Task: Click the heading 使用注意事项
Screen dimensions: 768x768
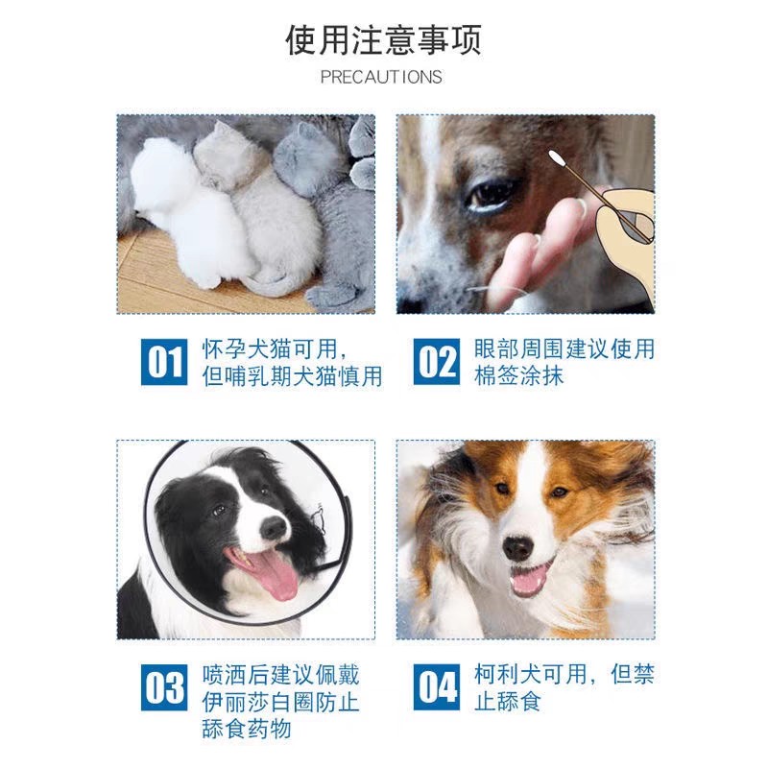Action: [x=383, y=40]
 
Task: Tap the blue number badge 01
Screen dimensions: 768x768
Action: [x=164, y=363]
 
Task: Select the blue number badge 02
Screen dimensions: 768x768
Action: [x=437, y=363]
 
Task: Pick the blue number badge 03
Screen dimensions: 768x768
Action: [x=164, y=687]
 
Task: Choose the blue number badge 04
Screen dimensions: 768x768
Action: [x=437, y=687]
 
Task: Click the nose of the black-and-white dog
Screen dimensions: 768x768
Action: [x=273, y=527]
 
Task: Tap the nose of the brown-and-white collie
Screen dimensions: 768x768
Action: [x=518, y=548]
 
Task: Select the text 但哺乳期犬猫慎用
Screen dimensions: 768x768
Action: [x=293, y=376]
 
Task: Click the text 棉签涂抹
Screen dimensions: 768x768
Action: [x=519, y=376]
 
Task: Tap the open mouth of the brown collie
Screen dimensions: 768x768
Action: [x=531, y=580]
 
